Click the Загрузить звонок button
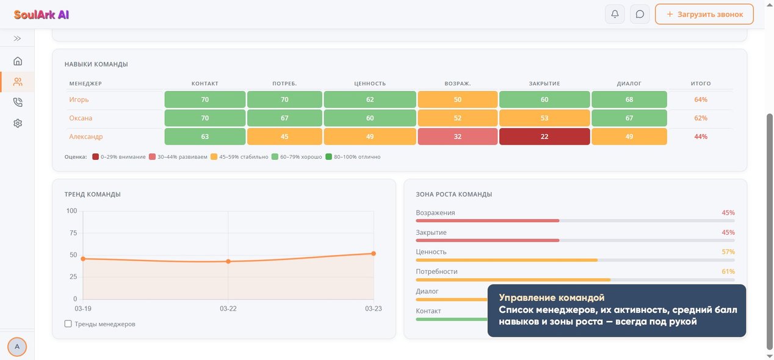click(704, 14)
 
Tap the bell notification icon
click(615, 14)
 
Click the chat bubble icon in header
click(640, 14)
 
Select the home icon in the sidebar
click(18, 61)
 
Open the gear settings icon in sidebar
click(18, 123)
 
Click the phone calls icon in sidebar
click(18, 103)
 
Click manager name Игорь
click(79, 99)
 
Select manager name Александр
click(85, 137)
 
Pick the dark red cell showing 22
click(544, 137)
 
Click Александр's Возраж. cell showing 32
click(457, 137)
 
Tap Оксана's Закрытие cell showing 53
click(544, 118)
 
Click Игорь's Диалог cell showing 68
click(629, 99)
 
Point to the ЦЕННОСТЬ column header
click(370, 84)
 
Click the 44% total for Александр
click(701, 137)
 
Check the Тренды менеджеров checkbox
click(68, 324)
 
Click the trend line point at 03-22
click(228, 262)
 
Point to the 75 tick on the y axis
click(73, 233)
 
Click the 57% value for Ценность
click(728, 252)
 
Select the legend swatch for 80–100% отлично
click(328, 157)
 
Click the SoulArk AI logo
click(42, 15)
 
